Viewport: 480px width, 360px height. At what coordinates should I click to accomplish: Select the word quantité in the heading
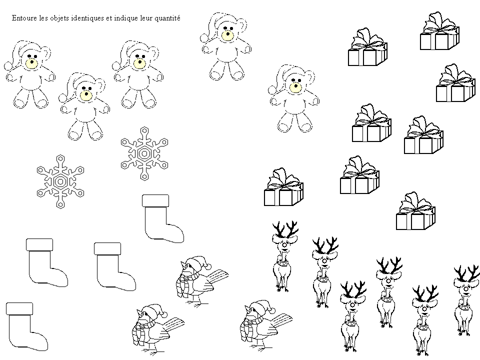167,18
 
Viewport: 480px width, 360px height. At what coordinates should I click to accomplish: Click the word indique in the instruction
126,18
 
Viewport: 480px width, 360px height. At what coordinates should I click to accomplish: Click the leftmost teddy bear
29,74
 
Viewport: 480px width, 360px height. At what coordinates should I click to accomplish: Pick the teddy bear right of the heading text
226,46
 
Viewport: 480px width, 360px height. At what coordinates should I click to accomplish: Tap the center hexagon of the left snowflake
60,182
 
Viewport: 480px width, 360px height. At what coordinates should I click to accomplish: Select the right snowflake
144,153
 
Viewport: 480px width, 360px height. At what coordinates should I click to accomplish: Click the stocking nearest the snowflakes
163,218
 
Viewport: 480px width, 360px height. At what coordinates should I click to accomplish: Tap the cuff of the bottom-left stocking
19,308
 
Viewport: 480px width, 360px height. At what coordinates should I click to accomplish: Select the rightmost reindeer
466,300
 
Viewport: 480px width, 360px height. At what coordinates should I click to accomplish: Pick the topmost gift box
439,30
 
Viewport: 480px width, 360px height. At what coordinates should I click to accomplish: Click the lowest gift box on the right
415,211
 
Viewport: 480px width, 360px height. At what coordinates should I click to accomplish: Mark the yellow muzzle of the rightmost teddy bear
295,87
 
